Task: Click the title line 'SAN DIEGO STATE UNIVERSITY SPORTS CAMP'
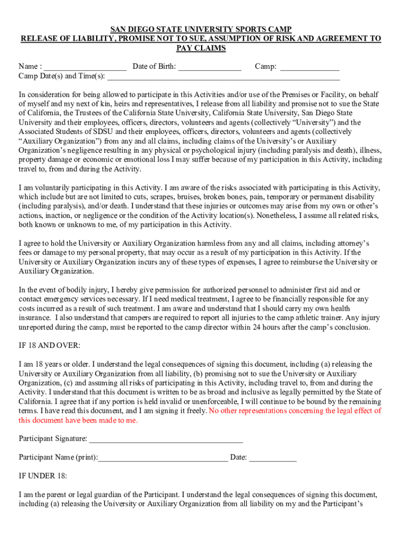tap(200, 29)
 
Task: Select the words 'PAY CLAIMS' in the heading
tap(200, 48)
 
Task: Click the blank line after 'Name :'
tap(85, 67)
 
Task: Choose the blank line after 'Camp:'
tap(310, 67)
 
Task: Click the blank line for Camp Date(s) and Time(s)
tap(223, 77)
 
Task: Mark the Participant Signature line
tap(166, 439)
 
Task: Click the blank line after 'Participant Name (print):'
tap(163, 458)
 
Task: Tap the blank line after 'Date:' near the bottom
tap(273, 458)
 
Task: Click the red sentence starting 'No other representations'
tap(295, 411)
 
